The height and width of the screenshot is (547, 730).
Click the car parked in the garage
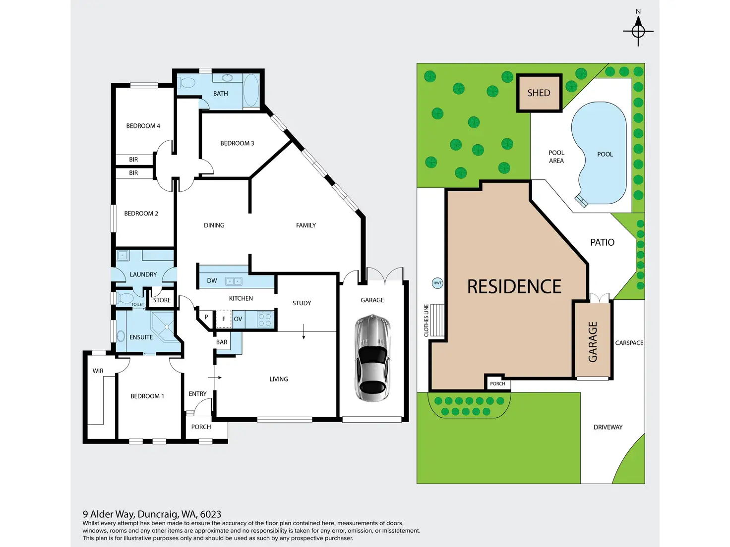point(373,358)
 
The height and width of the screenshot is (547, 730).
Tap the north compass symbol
point(638,31)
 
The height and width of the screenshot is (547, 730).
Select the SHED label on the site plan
point(539,93)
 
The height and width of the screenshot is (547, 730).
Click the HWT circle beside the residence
point(437,283)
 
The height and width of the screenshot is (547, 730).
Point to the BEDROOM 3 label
point(237,143)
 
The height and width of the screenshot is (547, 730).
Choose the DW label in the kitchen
point(212,280)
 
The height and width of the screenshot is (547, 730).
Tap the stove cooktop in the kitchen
point(265,320)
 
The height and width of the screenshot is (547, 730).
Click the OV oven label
point(238,319)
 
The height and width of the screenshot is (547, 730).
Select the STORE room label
point(162,300)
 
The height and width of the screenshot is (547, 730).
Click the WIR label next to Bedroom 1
point(98,371)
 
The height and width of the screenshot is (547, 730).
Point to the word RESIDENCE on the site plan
point(514,286)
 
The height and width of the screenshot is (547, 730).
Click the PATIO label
point(602,242)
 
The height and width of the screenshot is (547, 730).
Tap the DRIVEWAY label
point(608,427)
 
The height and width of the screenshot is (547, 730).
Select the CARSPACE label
point(629,343)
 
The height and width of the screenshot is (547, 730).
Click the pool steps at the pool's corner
point(581,201)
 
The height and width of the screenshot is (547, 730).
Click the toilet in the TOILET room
point(124,298)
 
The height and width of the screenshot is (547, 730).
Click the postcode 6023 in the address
point(211,514)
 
